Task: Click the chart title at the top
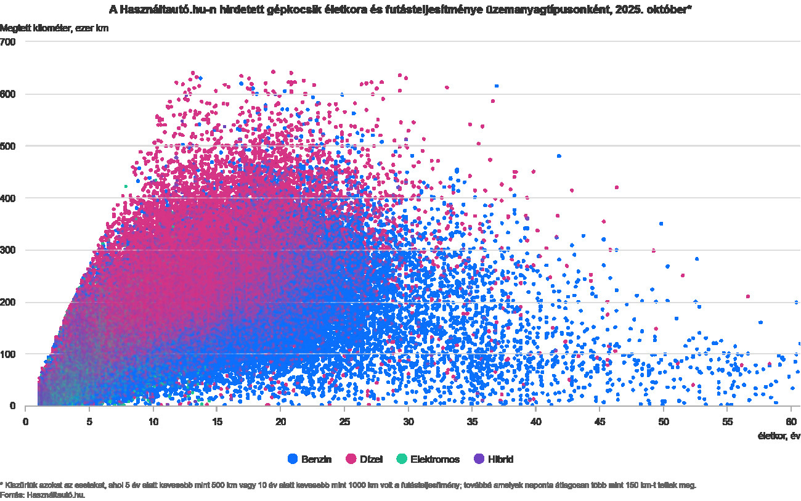(x=400, y=9)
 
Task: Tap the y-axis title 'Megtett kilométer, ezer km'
(x=54, y=28)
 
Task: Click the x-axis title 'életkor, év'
(x=778, y=436)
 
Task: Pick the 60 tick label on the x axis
(x=791, y=422)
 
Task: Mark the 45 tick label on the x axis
(x=600, y=422)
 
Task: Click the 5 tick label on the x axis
(x=89, y=422)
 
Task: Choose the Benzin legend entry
(x=310, y=459)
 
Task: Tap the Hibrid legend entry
(x=494, y=459)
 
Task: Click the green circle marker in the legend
(x=402, y=459)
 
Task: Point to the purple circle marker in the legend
(x=479, y=459)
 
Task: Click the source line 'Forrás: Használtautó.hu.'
(x=43, y=494)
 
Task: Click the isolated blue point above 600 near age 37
(x=497, y=86)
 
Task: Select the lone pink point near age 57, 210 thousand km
(x=748, y=296)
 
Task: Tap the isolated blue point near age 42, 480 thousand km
(x=559, y=156)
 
